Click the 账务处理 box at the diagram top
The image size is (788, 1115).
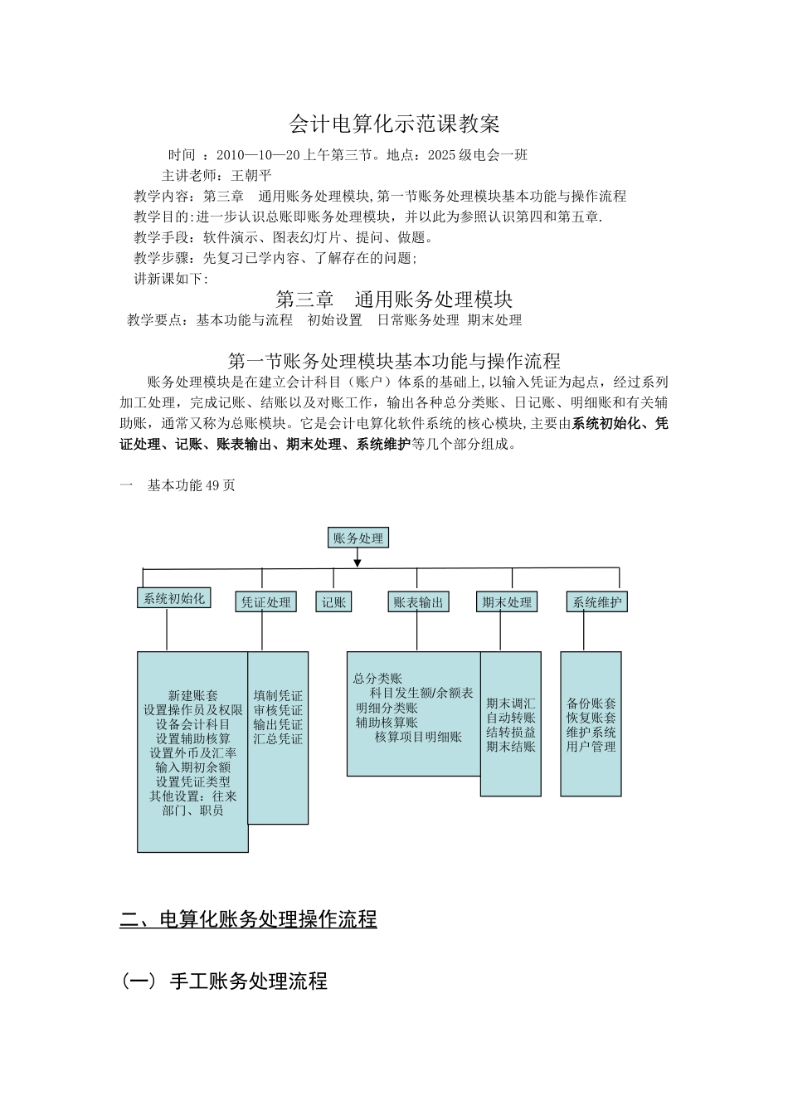(x=358, y=538)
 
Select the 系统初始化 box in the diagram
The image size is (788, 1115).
(x=173, y=598)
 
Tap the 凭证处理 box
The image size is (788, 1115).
(x=266, y=602)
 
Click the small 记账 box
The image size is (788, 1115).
(x=333, y=602)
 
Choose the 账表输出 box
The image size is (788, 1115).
(x=419, y=602)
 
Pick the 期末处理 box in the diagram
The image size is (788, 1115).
(x=507, y=602)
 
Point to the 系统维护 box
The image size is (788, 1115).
(x=596, y=602)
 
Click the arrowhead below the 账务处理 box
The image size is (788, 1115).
(x=358, y=562)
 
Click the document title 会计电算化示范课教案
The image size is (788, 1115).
(x=394, y=124)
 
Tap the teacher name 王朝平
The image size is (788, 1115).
(x=251, y=175)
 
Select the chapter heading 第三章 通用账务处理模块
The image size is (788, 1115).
(x=393, y=299)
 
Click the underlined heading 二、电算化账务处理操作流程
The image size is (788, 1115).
(x=249, y=919)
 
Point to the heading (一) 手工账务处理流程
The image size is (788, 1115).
(x=224, y=981)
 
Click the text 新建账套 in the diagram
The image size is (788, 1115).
(x=192, y=696)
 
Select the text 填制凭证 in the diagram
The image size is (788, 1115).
(x=278, y=696)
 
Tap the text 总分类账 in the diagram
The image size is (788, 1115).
(x=377, y=679)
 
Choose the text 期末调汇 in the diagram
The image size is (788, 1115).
(x=511, y=704)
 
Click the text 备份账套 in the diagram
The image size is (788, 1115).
(x=591, y=704)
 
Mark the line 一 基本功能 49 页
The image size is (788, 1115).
(x=178, y=485)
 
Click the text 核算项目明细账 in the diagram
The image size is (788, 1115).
(x=418, y=737)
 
